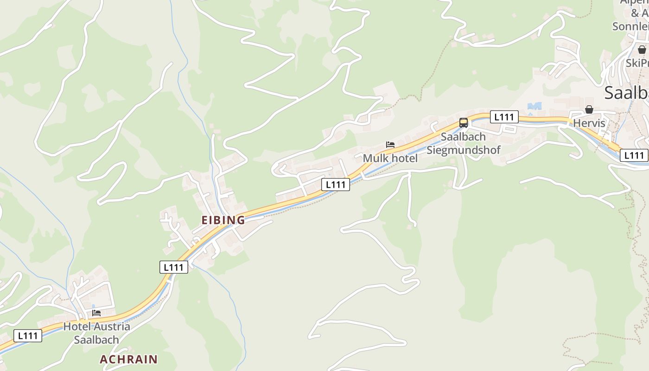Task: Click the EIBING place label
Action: [223, 220]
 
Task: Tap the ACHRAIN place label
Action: [128, 359]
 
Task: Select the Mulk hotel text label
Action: [390, 158]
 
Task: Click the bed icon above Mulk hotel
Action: [390, 145]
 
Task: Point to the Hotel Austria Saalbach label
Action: [96, 333]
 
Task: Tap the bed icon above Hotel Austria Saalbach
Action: [96, 313]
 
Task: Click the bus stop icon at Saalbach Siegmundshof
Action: [464, 123]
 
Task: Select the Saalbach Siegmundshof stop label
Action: [463, 143]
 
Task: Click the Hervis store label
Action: [589, 123]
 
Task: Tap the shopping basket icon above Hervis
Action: [589, 109]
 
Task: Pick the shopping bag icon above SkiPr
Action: [642, 49]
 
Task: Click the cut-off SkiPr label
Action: [637, 63]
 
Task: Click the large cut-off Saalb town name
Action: [626, 93]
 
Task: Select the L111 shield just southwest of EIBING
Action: [174, 267]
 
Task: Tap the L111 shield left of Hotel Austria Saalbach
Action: [28, 335]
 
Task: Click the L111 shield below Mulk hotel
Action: [336, 184]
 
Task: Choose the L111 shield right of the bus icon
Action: [504, 117]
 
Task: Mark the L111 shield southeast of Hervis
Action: [634, 155]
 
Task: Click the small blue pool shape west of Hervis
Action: [534, 106]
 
